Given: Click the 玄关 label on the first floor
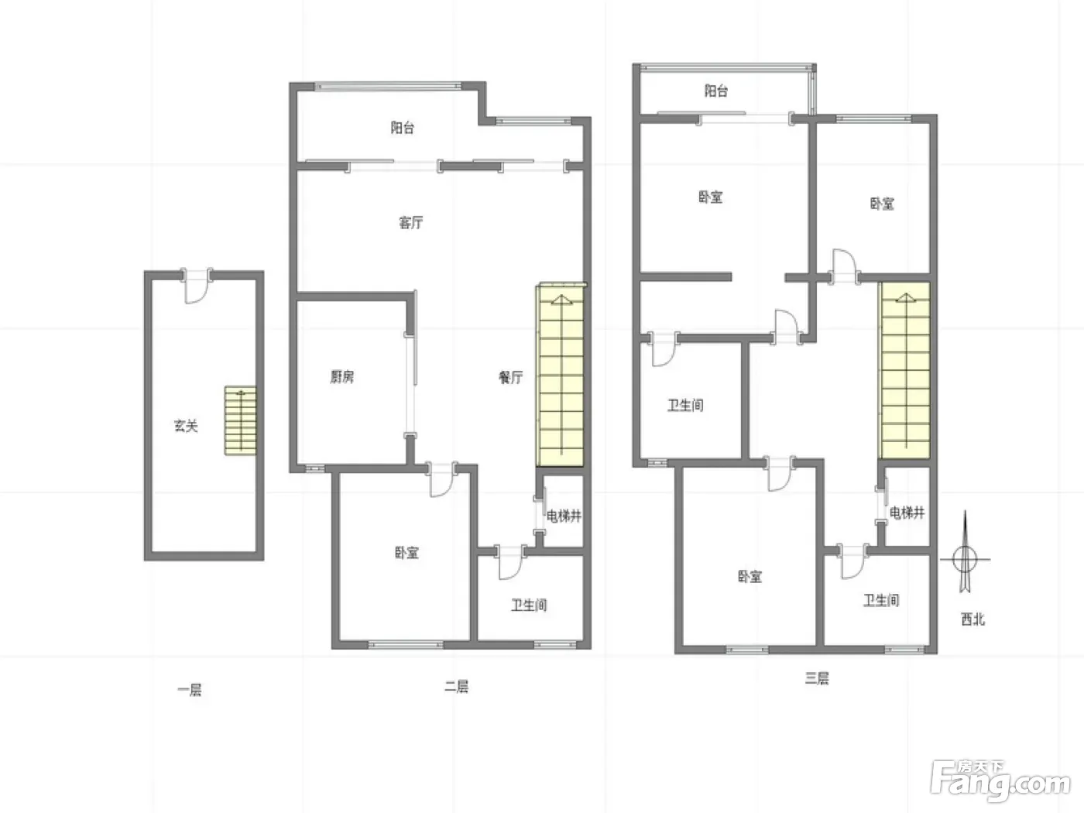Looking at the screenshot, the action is [x=186, y=426].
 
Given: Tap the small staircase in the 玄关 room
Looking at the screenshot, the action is [x=241, y=420].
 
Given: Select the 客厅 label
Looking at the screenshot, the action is [x=411, y=223].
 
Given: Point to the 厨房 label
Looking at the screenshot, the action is [x=341, y=376].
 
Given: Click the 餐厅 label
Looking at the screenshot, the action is [x=510, y=377].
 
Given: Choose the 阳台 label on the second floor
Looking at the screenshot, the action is [x=402, y=127].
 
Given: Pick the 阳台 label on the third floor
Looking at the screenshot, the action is [x=716, y=91].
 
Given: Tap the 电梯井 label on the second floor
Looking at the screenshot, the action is [x=564, y=516].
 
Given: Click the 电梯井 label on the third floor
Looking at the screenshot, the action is [x=907, y=513].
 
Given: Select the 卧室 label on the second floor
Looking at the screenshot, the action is [x=406, y=552].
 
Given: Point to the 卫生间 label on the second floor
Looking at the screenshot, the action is [x=529, y=605].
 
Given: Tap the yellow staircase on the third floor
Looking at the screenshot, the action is [x=904, y=370].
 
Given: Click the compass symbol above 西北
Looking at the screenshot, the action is [x=965, y=559].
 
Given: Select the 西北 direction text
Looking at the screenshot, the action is [x=973, y=619].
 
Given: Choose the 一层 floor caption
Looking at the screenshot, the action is [x=190, y=690].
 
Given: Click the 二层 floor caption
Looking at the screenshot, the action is [x=456, y=686].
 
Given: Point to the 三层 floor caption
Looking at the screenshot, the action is [x=817, y=678].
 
